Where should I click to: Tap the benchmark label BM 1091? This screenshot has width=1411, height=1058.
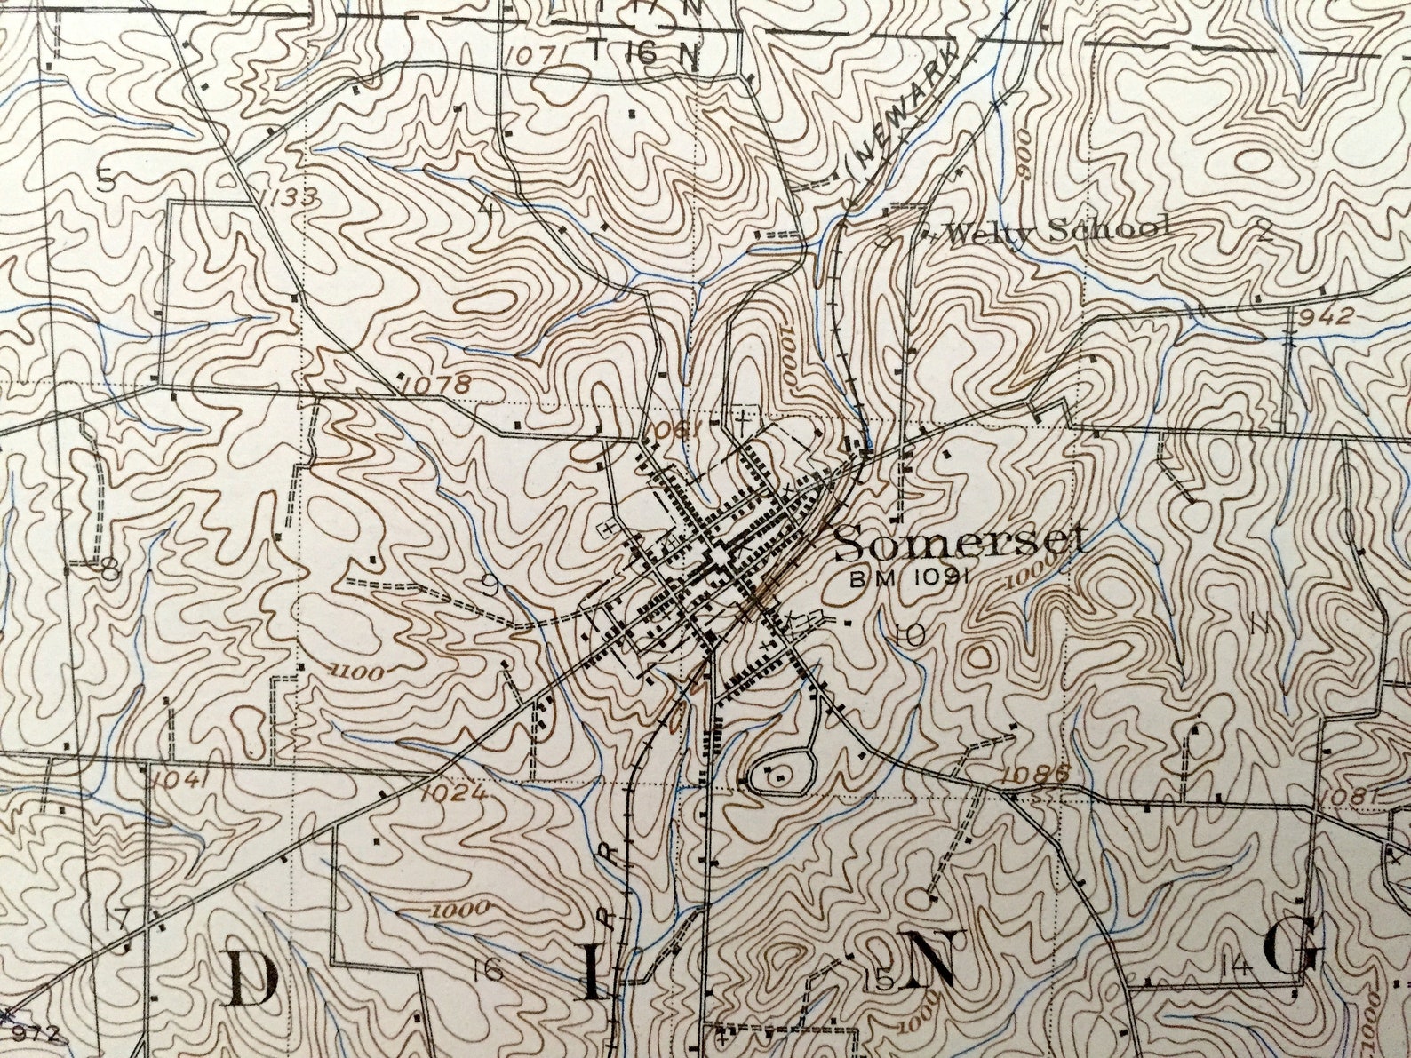pos(907,579)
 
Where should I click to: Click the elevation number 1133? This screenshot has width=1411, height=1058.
pos(283,196)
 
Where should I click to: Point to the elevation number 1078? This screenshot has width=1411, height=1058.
pos(435,385)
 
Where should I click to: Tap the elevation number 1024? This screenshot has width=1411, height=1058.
pos(453,792)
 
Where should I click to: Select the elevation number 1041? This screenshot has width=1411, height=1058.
pos(179,780)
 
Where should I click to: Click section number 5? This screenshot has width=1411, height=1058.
pos(106,182)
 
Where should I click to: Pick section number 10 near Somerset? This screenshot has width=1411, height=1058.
pos(910,634)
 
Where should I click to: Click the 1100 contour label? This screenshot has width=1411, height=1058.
pos(355,672)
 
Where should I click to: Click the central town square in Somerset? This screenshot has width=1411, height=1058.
pos(716,558)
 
